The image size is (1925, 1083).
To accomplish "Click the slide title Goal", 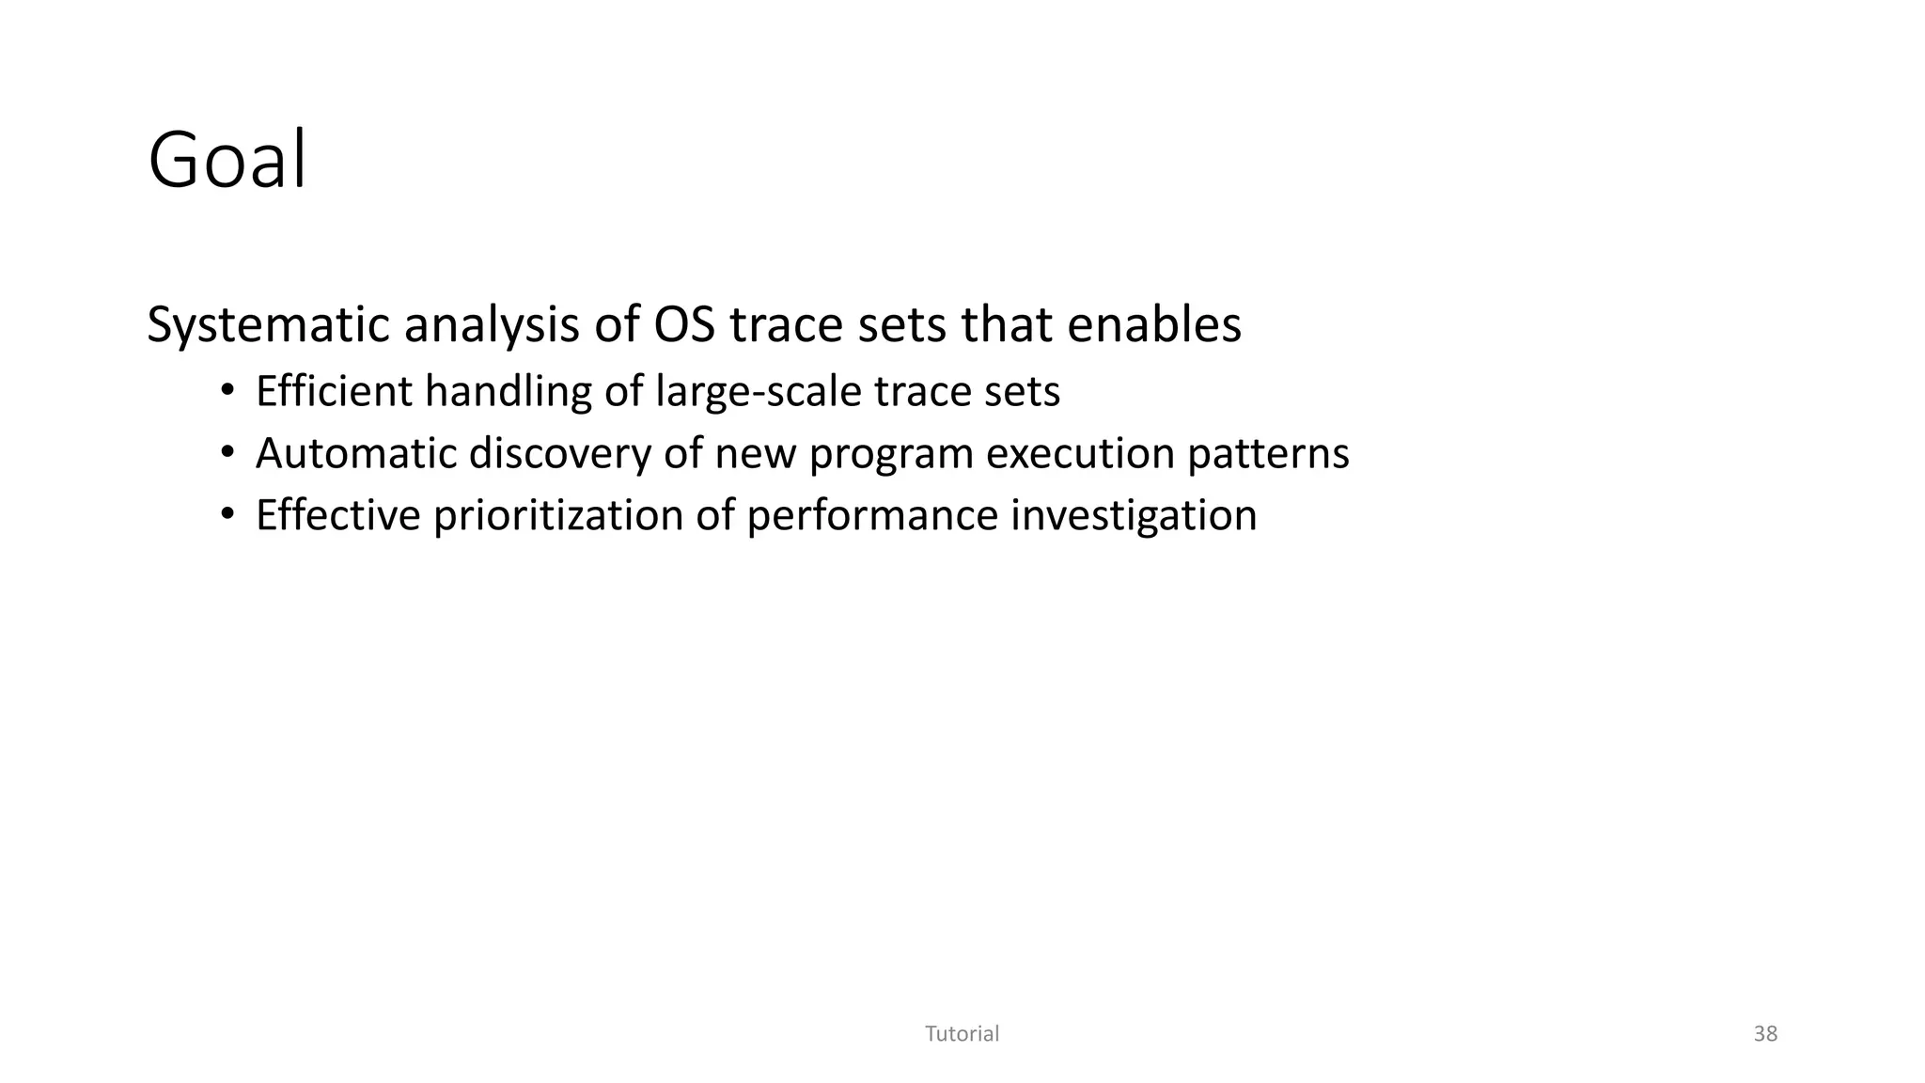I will point(227,161).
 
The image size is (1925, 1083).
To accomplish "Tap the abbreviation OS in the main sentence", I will point(684,324).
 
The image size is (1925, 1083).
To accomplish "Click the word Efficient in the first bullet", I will point(334,391).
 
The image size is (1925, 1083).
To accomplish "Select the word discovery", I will point(559,455).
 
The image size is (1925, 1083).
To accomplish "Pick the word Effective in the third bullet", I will point(337,515).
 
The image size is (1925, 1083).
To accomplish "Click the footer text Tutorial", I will point(962,1034).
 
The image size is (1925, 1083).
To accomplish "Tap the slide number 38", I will point(1765,1034).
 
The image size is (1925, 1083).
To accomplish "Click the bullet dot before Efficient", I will point(227,392).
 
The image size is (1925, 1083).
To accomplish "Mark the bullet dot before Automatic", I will point(227,454).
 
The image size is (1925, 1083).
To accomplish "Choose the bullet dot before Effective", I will point(227,516).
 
